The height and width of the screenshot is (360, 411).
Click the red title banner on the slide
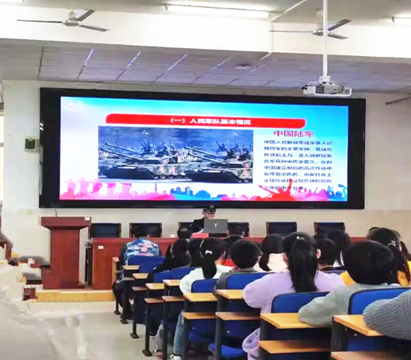(x=180, y=119)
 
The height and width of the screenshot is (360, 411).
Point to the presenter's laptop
(x=215, y=227)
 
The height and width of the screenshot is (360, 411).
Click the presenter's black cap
(x=209, y=208)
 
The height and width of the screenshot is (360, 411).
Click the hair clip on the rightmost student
(x=393, y=242)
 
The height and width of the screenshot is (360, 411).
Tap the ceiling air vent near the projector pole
(x=243, y=67)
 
